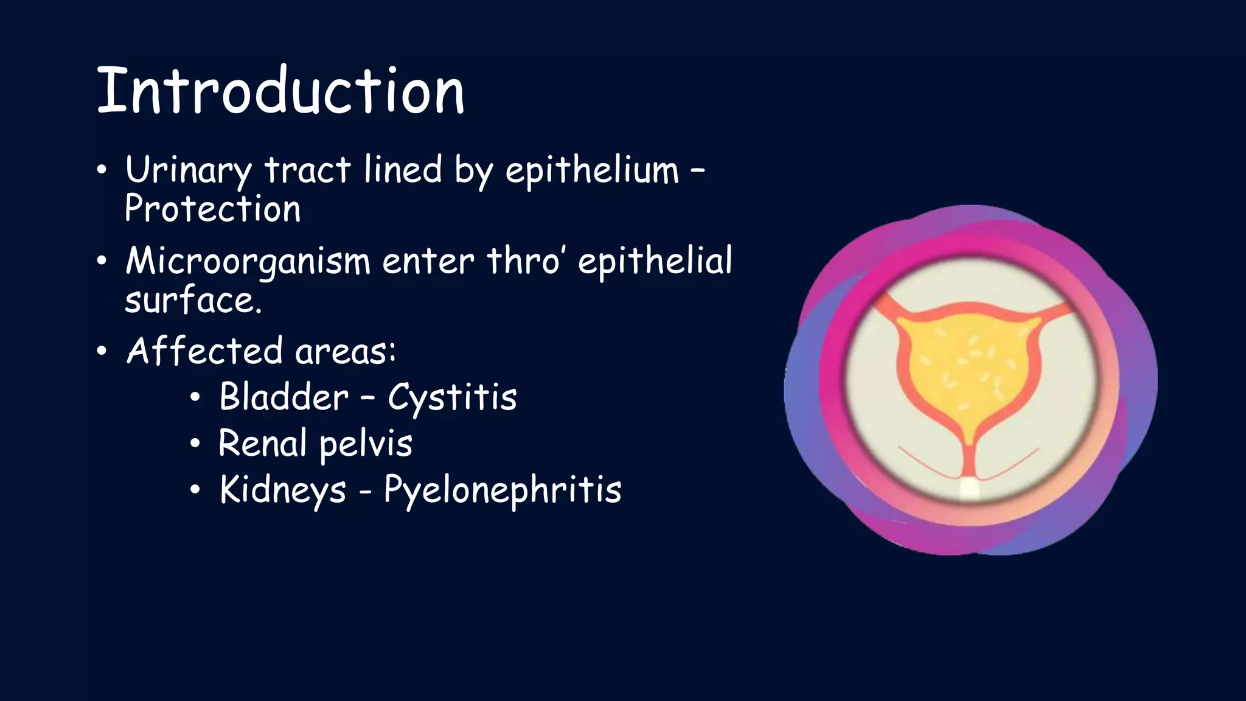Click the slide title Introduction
pyautogui.click(x=280, y=91)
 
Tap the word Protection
pyautogui.click(x=212, y=209)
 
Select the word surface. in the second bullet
pyautogui.click(x=193, y=300)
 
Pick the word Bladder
pyautogui.click(x=284, y=397)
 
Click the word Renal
pyautogui.click(x=262, y=443)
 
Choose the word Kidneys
pyautogui.click(x=282, y=489)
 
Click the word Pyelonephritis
pyautogui.click(x=503, y=489)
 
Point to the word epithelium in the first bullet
pyautogui.click(x=591, y=170)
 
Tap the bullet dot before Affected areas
pyautogui.click(x=102, y=351)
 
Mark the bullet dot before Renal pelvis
pyautogui.click(x=194, y=444)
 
